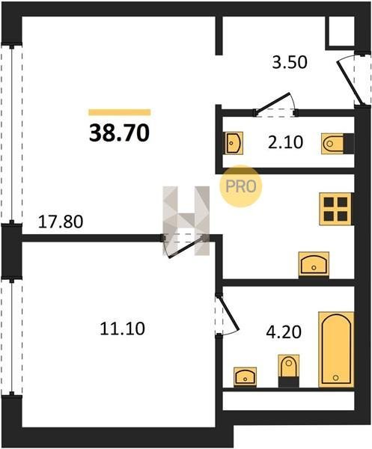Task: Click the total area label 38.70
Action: click(120, 133)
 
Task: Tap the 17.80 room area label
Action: click(61, 222)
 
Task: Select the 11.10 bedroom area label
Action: click(122, 329)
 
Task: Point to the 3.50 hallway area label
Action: click(290, 62)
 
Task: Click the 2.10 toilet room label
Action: click(285, 142)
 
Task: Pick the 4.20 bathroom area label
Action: click(284, 332)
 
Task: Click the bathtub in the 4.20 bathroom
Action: click(336, 349)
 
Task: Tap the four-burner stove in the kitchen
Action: click(335, 209)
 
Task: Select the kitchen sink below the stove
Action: click(314, 265)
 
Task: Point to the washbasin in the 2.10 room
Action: click(233, 143)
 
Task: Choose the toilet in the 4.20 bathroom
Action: click(289, 370)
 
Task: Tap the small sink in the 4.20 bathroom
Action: click(245, 377)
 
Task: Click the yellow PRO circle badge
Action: click(240, 186)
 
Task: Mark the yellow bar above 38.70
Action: click(120, 112)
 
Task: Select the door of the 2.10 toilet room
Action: click(275, 104)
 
